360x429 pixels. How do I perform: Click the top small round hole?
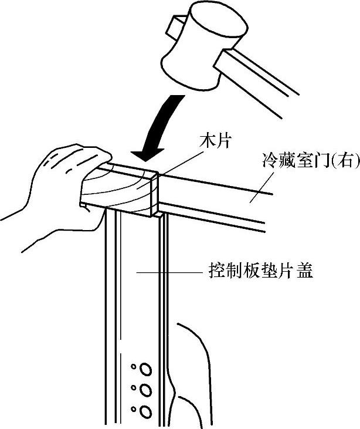pos(134,367)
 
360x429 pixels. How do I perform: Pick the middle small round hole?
pos(134,388)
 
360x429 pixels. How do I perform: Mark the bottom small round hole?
pos(134,408)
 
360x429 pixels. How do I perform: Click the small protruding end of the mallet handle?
pos(174,25)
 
